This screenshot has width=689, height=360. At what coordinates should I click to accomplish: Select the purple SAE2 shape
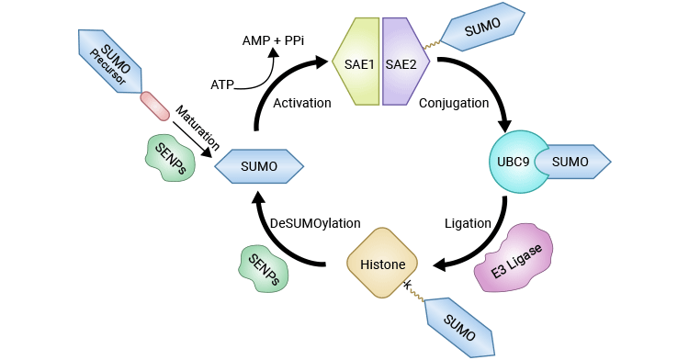401,62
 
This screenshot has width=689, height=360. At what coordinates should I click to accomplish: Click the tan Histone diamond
381,264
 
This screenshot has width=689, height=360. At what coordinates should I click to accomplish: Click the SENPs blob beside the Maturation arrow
173,156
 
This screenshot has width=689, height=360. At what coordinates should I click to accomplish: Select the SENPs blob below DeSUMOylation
263,267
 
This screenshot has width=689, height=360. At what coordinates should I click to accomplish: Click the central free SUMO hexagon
259,166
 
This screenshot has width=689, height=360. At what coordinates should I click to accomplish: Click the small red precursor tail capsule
155,106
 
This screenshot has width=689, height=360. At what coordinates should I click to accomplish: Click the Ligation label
467,223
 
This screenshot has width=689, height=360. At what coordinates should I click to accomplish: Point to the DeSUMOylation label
315,223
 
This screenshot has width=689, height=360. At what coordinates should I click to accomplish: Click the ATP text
222,84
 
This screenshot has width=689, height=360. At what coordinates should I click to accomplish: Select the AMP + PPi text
273,40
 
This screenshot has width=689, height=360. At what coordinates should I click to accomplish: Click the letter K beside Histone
407,287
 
